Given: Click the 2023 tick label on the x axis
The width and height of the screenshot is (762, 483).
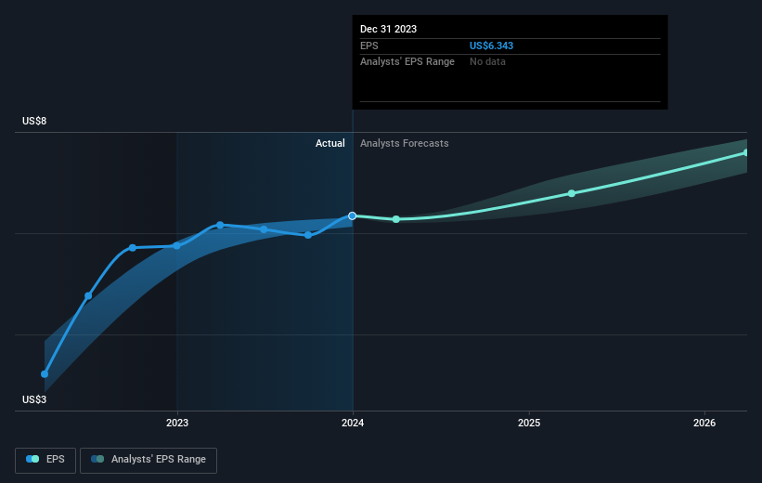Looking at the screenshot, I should (x=176, y=423).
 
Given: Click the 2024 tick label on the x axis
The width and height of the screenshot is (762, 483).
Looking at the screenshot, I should (x=353, y=423).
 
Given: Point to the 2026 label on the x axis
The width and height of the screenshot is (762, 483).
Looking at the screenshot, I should (x=704, y=423).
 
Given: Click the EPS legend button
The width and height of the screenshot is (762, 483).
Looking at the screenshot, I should (x=45, y=459).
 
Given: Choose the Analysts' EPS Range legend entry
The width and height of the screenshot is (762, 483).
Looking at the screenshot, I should (x=149, y=459).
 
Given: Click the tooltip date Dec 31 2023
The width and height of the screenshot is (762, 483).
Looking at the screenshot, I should (x=389, y=29).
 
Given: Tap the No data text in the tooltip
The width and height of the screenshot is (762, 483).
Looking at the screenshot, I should (x=488, y=61).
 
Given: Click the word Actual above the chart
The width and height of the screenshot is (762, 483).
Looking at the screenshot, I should (x=329, y=143).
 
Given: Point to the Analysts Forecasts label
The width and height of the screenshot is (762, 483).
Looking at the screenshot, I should (x=404, y=143).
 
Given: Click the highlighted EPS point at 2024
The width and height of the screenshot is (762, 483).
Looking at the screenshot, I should (x=353, y=215).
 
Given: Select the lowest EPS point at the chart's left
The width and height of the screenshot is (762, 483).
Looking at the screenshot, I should (x=45, y=373).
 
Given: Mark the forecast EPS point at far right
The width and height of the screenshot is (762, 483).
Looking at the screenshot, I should (x=745, y=152).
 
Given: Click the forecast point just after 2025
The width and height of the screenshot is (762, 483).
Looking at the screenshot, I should (x=572, y=193).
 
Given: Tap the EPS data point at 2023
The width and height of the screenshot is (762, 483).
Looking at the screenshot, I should (x=176, y=245).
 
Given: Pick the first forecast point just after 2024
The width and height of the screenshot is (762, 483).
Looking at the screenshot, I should (x=396, y=219).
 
